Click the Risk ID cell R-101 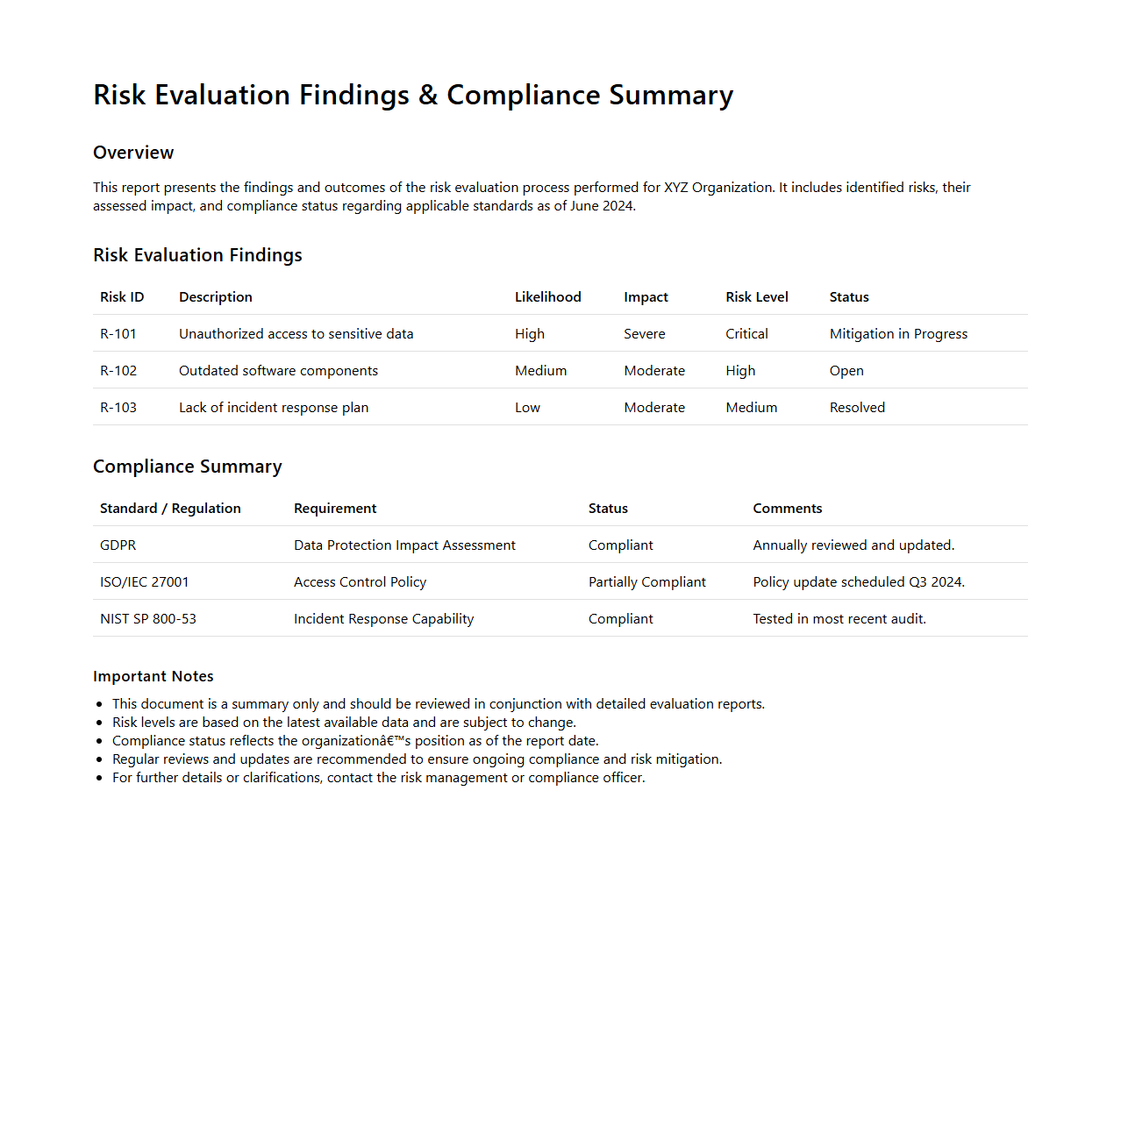(118, 334)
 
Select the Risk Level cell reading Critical (746, 334)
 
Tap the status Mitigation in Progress (898, 334)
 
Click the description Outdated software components (278, 371)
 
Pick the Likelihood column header (547, 297)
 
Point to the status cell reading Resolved (857, 408)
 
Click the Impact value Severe (644, 334)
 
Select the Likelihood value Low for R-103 (527, 408)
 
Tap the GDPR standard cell (118, 545)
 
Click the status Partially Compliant (646, 582)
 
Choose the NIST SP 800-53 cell (148, 619)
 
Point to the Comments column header (787, 509)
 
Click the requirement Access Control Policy (360, 582)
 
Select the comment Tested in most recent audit (839, 619)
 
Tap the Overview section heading (133, 153)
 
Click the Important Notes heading (154, 676)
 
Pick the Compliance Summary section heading (188, 467)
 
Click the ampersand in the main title (428, 96)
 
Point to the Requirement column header (335, 509)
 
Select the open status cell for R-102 (846, 371)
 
